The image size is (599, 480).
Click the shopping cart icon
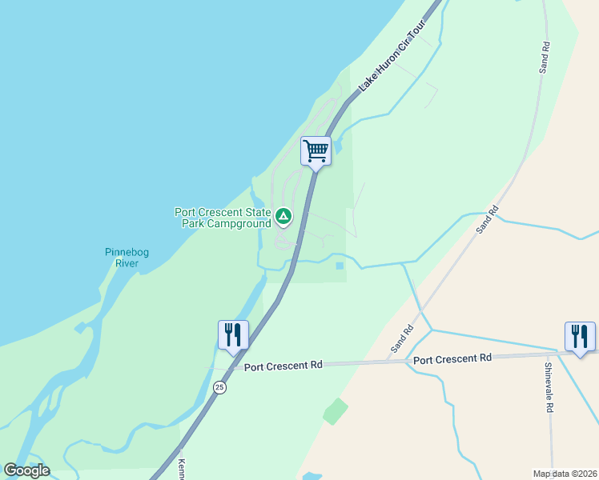click(x=316, y=150)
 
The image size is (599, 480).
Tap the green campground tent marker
click(x=283, y=216)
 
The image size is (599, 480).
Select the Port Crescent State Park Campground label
click(x=223, y=218)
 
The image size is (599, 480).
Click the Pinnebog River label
click(x=127, y=258)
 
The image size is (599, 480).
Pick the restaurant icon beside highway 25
click(x=233, y=334)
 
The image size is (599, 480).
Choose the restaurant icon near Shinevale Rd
click(x=579, y=335)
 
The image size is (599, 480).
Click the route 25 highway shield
click(x=219, y=387)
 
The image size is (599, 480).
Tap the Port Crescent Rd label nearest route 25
click(x=283, y=365)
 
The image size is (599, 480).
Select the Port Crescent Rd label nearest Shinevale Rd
click(x=452, y=359)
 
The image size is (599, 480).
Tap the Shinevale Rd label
click(x=549, y=388)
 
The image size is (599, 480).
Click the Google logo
click(x=26, y=470)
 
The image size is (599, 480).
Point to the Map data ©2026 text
click(x=565, y=474)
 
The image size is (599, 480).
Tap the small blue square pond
click(x=340, y=266)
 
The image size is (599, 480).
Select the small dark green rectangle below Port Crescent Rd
click(x=336, y=411)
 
